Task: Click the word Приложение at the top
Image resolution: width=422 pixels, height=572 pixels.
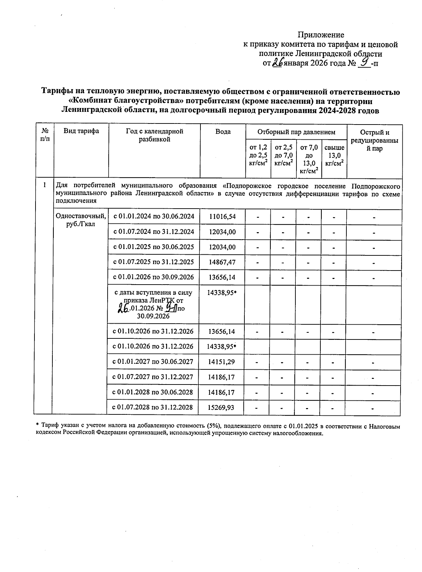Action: coord(321,35)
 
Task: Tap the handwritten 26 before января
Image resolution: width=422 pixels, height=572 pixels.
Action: coord(278,63)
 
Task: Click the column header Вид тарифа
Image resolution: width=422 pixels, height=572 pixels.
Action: coord(81,131)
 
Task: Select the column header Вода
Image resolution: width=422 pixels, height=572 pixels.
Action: coord(223,132)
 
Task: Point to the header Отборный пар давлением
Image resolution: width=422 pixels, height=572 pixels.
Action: coord(296,132)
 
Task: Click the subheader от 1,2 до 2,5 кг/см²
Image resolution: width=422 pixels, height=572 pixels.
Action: coord(258,155)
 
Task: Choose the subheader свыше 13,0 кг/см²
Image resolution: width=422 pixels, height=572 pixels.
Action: coord(334,155)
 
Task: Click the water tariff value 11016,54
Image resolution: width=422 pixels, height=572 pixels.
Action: coord(222,216)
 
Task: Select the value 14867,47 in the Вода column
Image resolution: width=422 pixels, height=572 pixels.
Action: coord(222,262)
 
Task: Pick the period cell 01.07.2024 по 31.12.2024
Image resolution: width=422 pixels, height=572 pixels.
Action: coord(153,232)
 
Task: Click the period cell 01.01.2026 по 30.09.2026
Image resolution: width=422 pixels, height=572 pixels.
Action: coord(153,277)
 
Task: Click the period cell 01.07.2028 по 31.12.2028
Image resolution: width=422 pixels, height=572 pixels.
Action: coord(153,408)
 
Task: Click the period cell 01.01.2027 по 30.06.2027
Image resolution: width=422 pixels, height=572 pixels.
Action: coord(153,362)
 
